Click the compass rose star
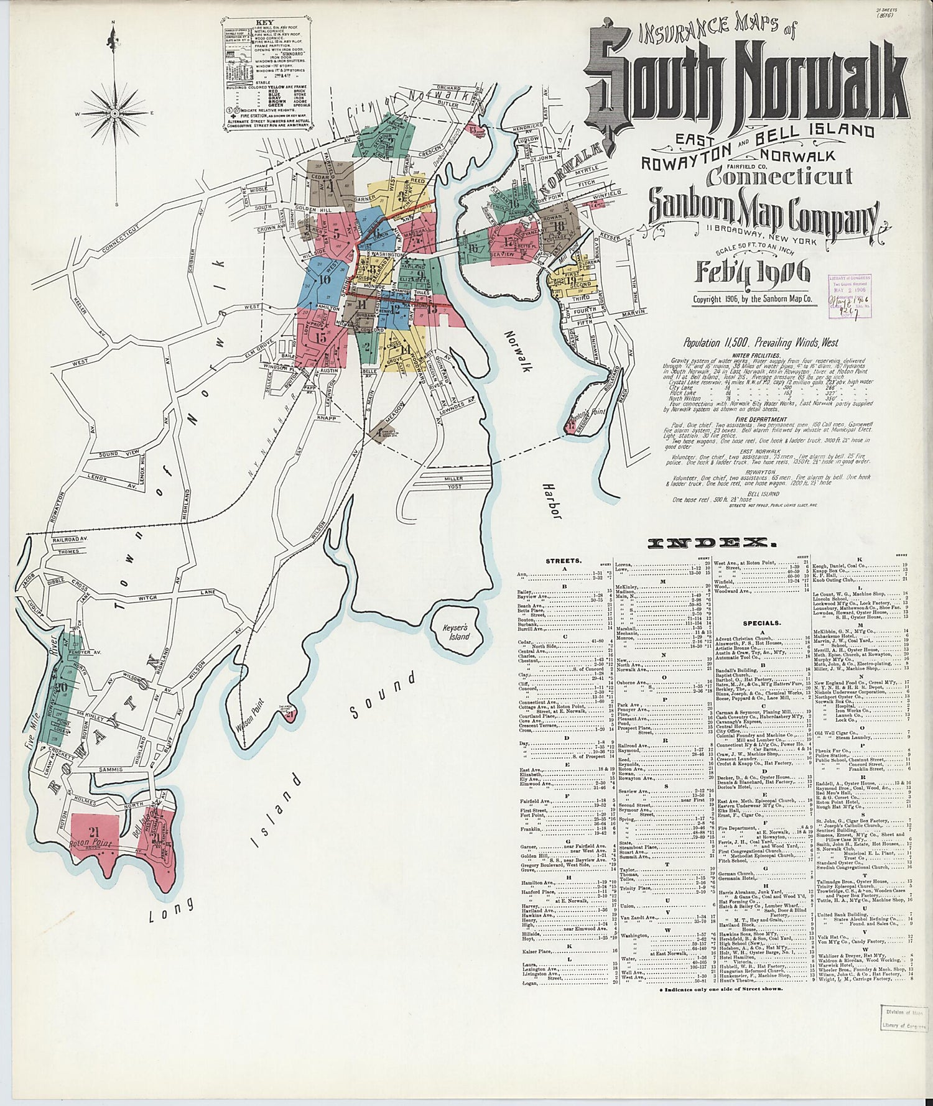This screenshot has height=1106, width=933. (114, 114)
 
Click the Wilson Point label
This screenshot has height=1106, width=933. (250, 715)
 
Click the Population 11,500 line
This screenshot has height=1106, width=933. (760, 343)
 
